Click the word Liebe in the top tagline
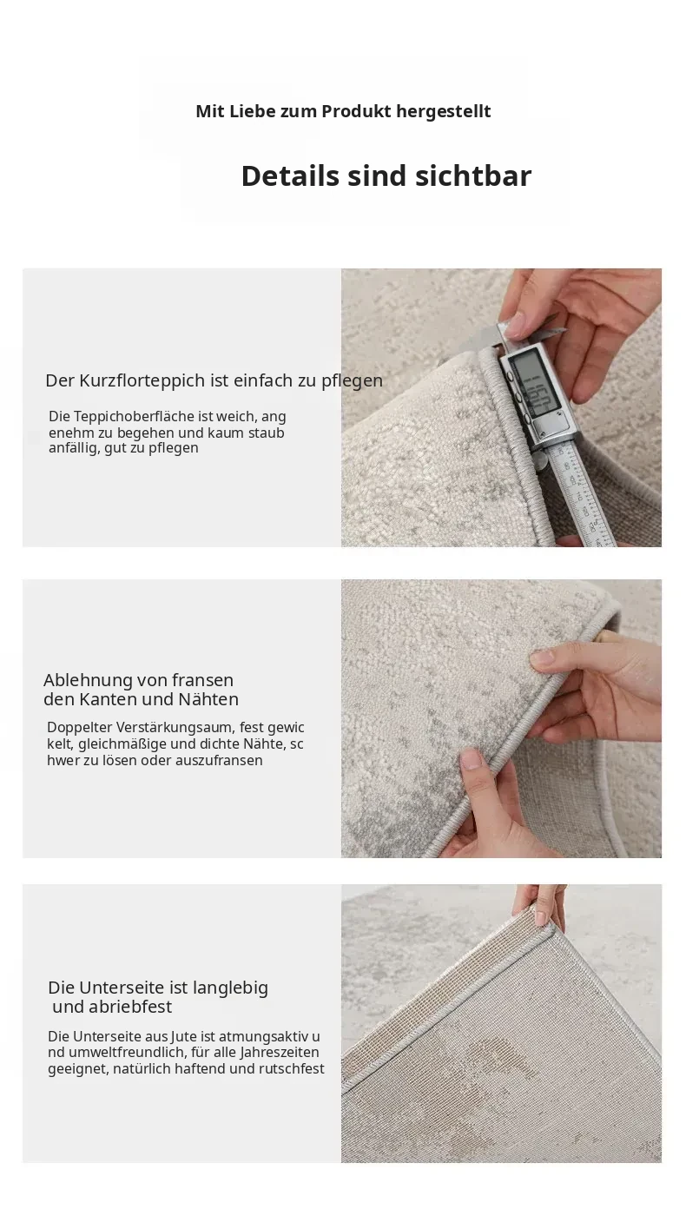point(254,111)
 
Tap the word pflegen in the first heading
point(353,381)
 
